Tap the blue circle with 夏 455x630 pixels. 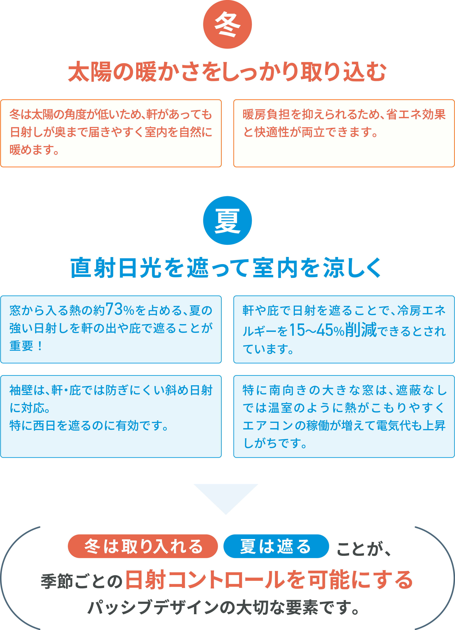point(227,221)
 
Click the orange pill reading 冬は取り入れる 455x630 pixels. point(143,546)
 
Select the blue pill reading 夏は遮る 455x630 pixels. point(276,546)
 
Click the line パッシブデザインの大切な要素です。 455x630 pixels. point(223,608)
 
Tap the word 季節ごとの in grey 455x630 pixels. point(81,581)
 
